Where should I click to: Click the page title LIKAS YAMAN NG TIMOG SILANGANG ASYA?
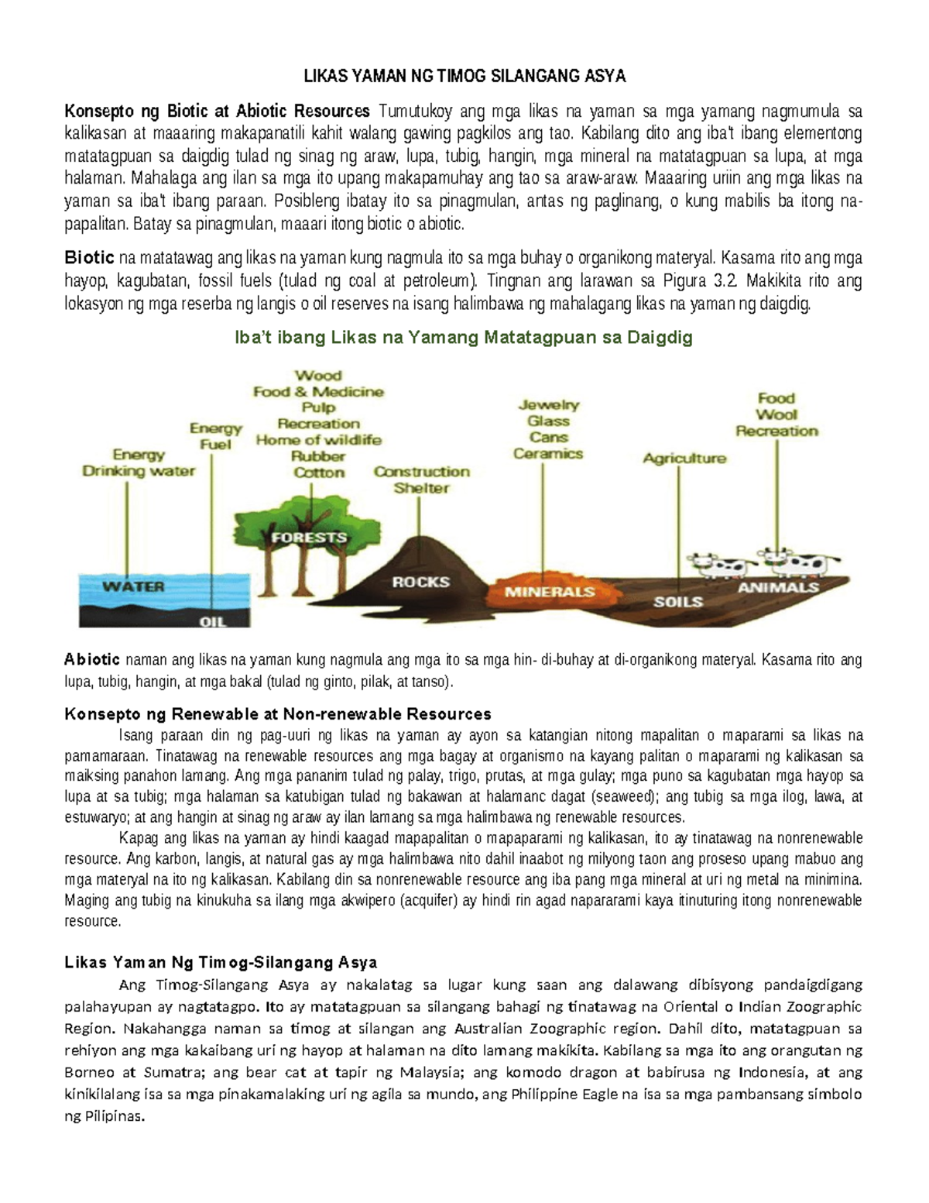[x=463, y=76]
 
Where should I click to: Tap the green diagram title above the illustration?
[x=463, y=338]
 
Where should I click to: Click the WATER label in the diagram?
[x=133, y=586]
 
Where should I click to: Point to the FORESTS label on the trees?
[x=309, y=537]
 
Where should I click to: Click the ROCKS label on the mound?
[x=420, y=582]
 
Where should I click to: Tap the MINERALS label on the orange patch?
[x=550, y=592]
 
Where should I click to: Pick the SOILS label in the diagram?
[x=678, y=601]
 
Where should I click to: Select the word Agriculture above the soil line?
[x=684, y=458]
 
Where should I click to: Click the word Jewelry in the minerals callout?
[x=548, y=404]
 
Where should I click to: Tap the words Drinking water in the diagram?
[x=139, y=471]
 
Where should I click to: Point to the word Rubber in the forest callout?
[x=318, y=456]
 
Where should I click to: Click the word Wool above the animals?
[x=776, y=414]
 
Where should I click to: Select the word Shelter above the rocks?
[x=421, y=488]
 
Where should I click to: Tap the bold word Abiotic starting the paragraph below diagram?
[x=92, y=660]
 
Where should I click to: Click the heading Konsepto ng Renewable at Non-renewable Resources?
[x=277, y=713]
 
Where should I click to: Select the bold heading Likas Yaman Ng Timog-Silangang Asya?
[x=221, y=962]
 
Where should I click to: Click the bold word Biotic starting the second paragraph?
[x=89, y=257]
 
